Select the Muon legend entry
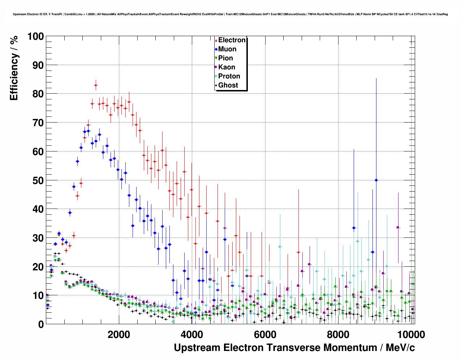pyautogui.click(x=227, y=49)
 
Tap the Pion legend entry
pyautogui.click(x=225, y=58)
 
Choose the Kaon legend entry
pyautogui.click(x=227, y=67)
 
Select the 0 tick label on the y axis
pyautogui.click(x=41, y=324)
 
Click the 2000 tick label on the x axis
pyautogui.click(x=119, y=334)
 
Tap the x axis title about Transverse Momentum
pyautogui.click(x=294, y=348)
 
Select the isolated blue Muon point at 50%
pyautogui.click(x=376, y=180)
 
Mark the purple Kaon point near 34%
pyautogui.click(x=398, y=227)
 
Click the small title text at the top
pyautogui.click(x=231, y=14)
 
